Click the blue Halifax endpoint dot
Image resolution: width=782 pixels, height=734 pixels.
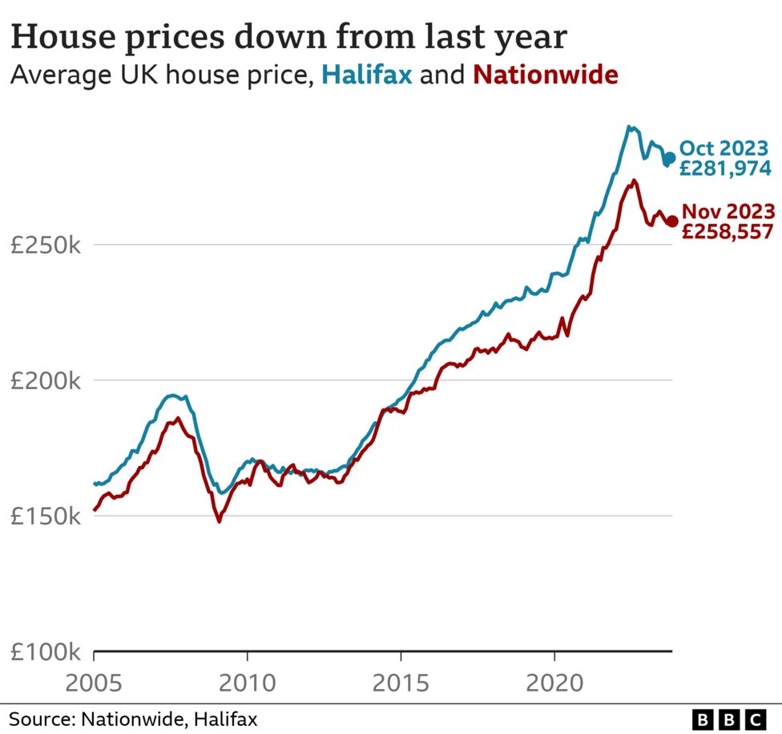pos(670,158)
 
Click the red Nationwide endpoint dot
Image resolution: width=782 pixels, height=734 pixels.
pos(673,221)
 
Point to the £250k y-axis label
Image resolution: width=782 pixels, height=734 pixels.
pos(45,245)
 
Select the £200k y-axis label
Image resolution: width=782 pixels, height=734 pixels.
pos(45,381)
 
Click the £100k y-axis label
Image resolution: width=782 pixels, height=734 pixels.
pos(45,651)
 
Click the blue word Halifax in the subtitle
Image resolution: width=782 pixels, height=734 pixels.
pos(367,75)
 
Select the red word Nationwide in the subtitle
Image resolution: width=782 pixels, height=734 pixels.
pos(546,75)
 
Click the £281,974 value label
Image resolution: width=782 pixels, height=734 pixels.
pos(725,168)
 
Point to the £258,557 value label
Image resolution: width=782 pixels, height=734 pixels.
pos(728,232)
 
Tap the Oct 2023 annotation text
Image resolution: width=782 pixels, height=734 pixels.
pos(724,148)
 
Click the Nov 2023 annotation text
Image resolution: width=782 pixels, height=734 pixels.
pos(728,212)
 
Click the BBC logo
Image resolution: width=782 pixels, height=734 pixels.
pos(728,718)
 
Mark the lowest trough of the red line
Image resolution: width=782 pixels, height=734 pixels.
pos(219,521)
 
